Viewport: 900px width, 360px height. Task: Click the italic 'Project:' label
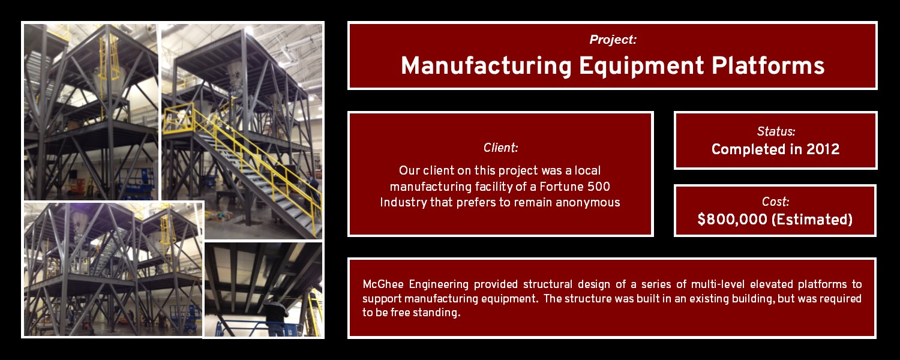613,40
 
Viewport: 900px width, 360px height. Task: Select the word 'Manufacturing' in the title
486,65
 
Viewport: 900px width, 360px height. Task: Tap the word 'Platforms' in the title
768,65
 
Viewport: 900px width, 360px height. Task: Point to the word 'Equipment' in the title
641,66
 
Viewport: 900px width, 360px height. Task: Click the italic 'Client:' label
500,148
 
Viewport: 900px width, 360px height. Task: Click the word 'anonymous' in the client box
588,203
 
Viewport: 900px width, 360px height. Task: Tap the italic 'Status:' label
776,131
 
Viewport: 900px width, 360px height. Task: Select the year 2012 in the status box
823,149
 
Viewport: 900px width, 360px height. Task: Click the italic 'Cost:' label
775,202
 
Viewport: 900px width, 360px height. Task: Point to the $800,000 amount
732,220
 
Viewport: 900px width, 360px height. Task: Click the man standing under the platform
276,316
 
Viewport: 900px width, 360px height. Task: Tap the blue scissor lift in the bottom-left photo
185,317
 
